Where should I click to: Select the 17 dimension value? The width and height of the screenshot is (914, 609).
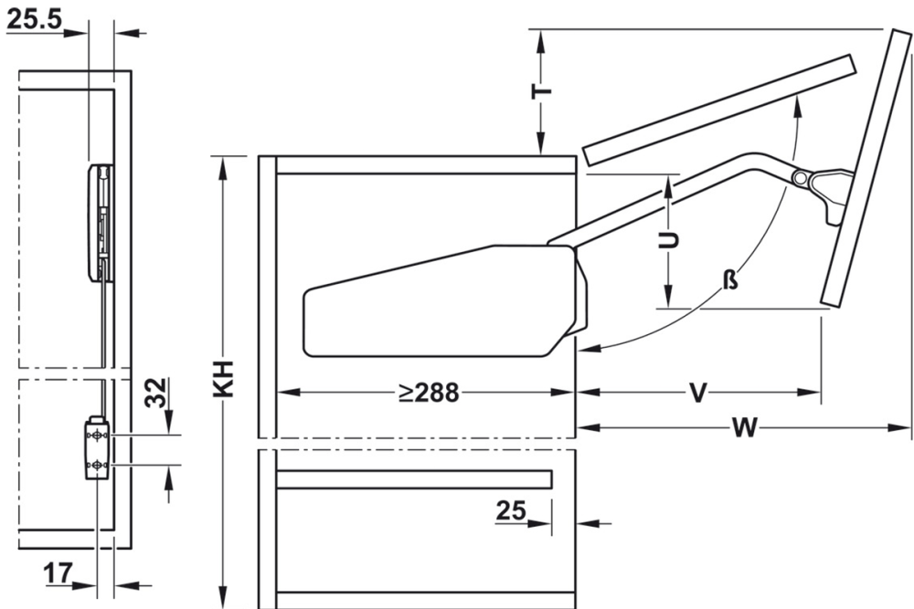pyautogui.click(x=57, y=573)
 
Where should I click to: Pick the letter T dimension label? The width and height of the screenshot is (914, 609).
pyautogui.click(x=542, y=93)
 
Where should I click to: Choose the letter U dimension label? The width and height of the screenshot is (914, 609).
pyautogui.click(x=669, y=240)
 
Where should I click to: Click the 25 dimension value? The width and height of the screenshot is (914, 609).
pyautogui.click(x=511, y=511)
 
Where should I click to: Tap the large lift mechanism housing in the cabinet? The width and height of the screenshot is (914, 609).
pyautogui.click(x=439, y=301)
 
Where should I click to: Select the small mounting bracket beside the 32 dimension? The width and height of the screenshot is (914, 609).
pyautogui.click(x=97, y=449)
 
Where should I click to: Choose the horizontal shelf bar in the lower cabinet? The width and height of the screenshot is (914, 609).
pyautogui.click(x=415, y=480)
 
